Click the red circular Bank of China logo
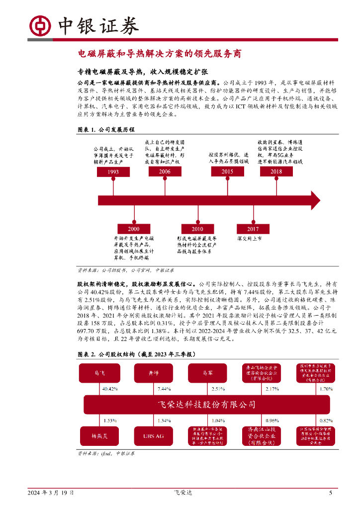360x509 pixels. pos(39,26)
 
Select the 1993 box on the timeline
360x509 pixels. pos(113,172)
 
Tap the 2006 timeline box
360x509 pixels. pos(165,171)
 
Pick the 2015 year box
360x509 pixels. pos(228,171)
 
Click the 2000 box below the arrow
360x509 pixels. pos(134,229)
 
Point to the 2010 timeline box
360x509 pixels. pos(197,229)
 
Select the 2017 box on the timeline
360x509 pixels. pos(253,229)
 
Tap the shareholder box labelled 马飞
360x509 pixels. pos(99,372)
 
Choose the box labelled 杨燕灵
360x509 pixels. pos(99,436)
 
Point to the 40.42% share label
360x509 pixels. pos(109,389)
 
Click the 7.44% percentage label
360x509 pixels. pos(164,389)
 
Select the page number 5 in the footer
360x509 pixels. pos(331,493)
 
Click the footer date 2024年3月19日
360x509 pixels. pos(51,493)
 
